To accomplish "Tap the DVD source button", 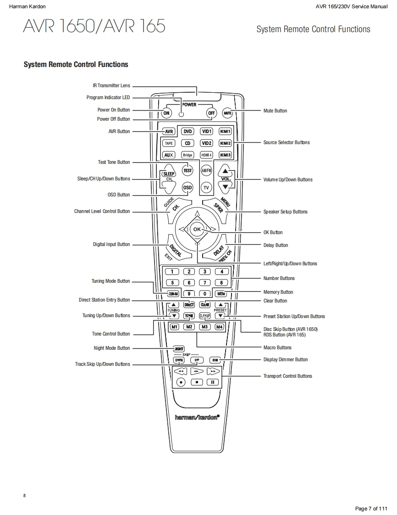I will point(188,131).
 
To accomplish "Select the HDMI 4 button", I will point(206,155).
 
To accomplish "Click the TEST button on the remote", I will point(187,170).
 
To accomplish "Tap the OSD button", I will point(187,188).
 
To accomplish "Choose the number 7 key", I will point(205,283).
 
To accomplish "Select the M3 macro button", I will point(205,327).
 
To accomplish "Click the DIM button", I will point(215,360).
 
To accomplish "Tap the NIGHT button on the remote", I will point(179,349).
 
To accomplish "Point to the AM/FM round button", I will point(207,170).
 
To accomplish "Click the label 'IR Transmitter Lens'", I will point(111,86).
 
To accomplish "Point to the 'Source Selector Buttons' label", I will point(286,143).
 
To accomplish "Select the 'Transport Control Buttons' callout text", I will point(287,376).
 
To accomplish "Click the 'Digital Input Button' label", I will point(111,245).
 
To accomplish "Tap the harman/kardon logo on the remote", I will point(197,417).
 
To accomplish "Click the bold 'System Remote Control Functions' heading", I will point(76,65).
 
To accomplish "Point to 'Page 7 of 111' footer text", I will point(371,509).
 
